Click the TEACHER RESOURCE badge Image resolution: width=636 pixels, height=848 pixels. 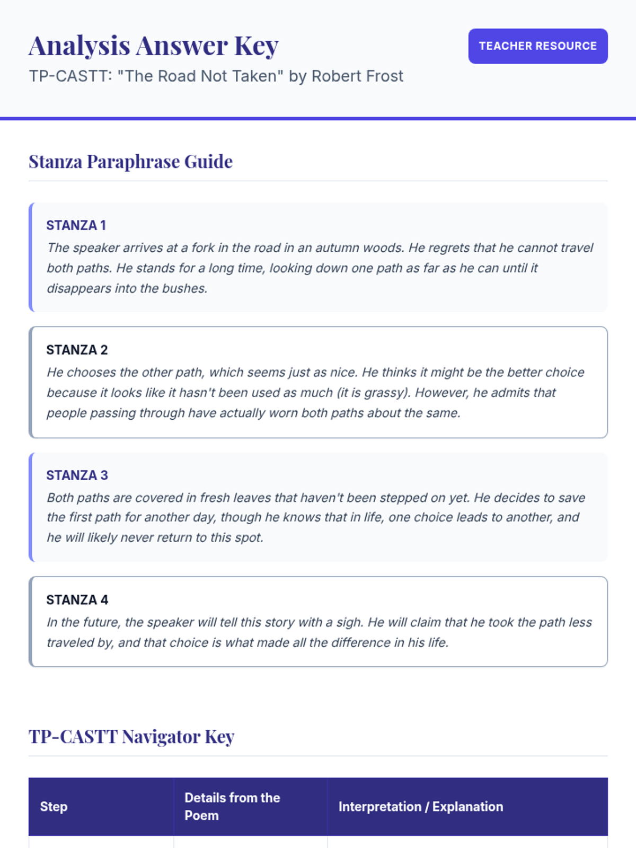coord(537,46)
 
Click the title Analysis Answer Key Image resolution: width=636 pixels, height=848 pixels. coord(154,46)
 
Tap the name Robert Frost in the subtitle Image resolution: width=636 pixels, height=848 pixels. coord(357,76)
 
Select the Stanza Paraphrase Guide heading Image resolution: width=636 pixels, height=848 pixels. coord(130,162)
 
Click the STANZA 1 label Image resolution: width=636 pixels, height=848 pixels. coord(76,225)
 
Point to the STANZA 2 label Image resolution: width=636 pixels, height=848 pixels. coord(77,350)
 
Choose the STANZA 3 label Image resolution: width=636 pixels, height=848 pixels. coord(77,475)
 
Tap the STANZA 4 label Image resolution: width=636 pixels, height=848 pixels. coord(77,600)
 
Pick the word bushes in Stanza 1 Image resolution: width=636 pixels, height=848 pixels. coord(184,288)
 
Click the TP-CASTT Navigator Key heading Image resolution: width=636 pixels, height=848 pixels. coord(131,737)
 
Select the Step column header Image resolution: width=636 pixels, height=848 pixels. coord(54,807)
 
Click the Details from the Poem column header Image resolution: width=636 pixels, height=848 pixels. coord(232,807)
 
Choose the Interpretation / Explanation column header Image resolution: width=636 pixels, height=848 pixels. coord(421,807)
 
